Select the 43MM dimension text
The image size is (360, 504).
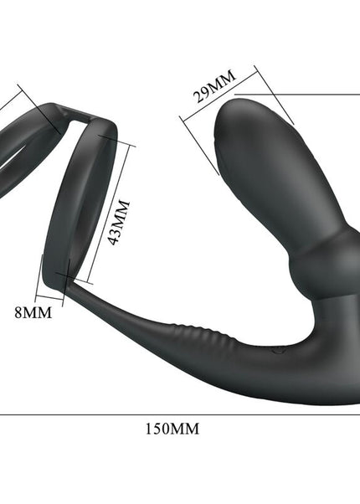123,222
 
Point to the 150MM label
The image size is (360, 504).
173,428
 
